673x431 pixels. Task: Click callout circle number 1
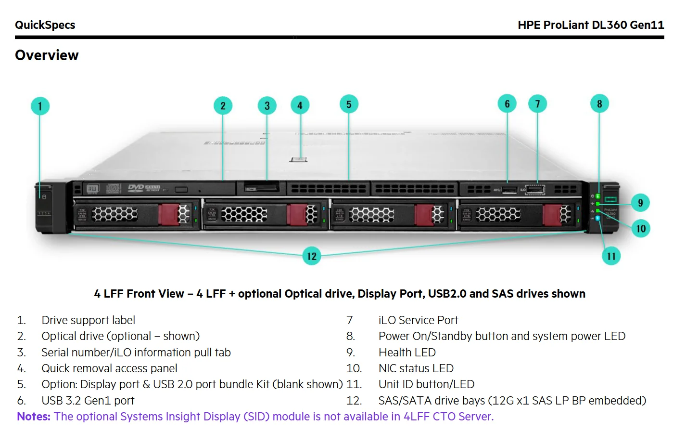(40, 106)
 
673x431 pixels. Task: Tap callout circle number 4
(300, 105)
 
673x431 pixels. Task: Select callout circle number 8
(599, 104)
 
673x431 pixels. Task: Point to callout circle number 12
(312, 256)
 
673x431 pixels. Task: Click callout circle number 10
(641, 228)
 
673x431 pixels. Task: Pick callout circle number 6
(507, 104)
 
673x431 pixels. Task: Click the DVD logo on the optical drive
(136, 187)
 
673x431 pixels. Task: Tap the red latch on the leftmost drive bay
(168, 214)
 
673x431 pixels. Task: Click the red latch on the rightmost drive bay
(552, 214)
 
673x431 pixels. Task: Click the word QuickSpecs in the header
(45, 25)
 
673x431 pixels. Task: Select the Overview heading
(47, 55)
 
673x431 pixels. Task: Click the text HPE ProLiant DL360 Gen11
(590, 25)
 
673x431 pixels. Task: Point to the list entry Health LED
(407, 353)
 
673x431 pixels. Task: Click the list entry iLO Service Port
(418, 320)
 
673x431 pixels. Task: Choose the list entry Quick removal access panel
(109, 368)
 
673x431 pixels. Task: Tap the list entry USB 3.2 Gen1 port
(88, 401)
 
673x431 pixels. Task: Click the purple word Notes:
(34, 417)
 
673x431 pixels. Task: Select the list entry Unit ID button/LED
(426, 384)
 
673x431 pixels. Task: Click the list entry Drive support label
(88, 320)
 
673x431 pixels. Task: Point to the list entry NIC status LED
(416, 368)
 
